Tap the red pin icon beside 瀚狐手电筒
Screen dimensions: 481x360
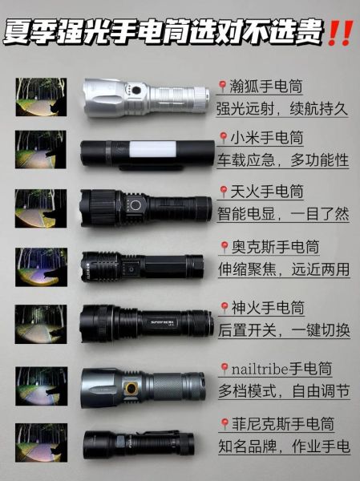tap(221, 86)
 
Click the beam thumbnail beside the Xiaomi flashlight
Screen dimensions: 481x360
tap(40, 149)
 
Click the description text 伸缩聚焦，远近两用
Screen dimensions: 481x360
tap(283, 269)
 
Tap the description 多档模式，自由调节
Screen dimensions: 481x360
tap(283, 390)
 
